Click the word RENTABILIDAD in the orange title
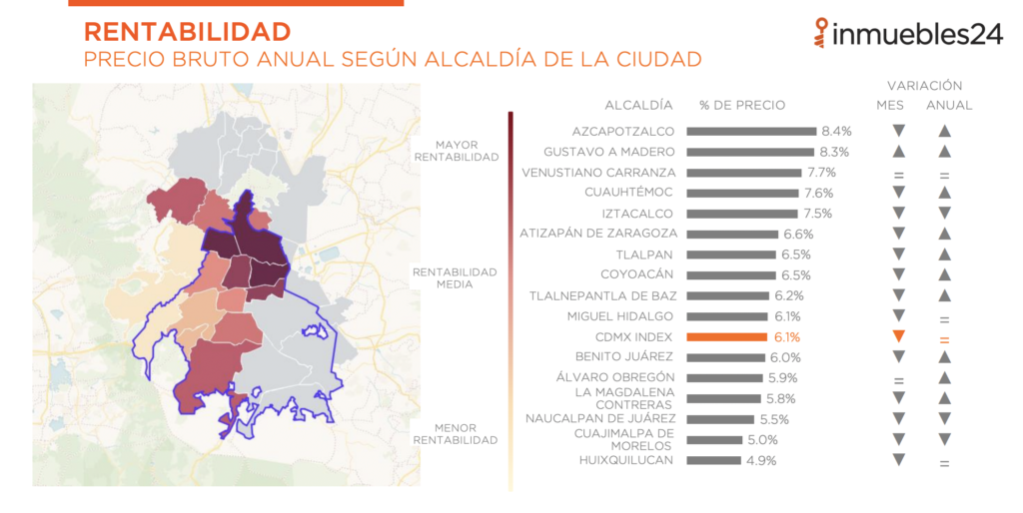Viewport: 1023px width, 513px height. pyautogui.click(x=187, y=31)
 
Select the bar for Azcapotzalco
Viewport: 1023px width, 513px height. pyautogui.click(x=751, y=131)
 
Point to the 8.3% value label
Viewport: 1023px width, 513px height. pyautogui.click(x=833, y=152)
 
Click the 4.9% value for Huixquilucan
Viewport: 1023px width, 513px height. pyautogui.click(x=760, y=460)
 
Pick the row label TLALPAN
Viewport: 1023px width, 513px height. pyautogui.click(x=646, y=255)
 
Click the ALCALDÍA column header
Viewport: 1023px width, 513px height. pyautogui.click(x=638, y=105)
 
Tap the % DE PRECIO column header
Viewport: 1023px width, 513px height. pyautogui.click(x=742, y=105)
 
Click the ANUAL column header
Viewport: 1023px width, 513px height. pyautogui.click(x=948, y=105)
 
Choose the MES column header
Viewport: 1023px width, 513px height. pyautogui.click(x=890, y=105)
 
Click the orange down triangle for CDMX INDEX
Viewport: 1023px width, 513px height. pyautogui.click(x=898, y=336)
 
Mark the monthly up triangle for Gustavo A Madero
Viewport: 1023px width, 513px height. pyautogui.click(x=898, y=152)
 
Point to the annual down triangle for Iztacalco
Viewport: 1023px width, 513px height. pyautogui.click(x=944, y=214)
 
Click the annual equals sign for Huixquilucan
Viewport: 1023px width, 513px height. pyautogui.click(x=944, y=462)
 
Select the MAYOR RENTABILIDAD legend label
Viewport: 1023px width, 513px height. pyautogui.click(x=456, y=151)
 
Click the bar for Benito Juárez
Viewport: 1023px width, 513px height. pyautogui.click(x=725, y=357)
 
